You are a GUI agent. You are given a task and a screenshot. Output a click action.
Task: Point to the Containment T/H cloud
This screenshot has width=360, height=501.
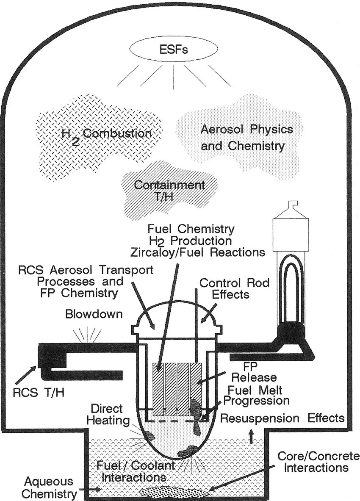[x=169, y=190]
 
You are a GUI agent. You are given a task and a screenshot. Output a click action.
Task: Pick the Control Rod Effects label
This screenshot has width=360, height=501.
[x=234, y=288]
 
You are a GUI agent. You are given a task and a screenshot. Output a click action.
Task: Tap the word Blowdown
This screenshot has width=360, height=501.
[x=88, y=315]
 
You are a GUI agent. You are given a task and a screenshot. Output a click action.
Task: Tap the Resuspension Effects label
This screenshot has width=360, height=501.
[x=282, y=418]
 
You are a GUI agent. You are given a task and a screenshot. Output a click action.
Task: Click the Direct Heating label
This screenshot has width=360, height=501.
[x=106, y=415]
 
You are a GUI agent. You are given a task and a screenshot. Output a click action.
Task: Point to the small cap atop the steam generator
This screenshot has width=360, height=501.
[x=291, y=206]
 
